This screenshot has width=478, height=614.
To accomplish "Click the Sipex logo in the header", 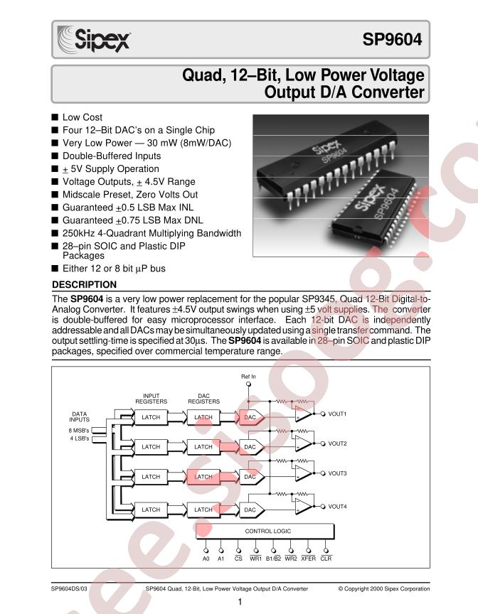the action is pos(93,39).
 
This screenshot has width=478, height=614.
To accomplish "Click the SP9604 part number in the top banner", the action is pos(392,39).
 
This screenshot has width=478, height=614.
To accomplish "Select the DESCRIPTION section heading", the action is pos(84,284).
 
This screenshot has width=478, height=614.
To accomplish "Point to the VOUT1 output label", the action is pos(337,414).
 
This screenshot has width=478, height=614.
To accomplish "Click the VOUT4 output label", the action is pos(337,507).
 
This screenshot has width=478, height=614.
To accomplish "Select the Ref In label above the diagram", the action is pos(248,377).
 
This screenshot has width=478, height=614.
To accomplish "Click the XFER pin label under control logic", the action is pos(308,559).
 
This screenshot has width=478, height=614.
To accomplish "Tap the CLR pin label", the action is pos(326,559).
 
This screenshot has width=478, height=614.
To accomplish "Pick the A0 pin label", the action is pos(206,559).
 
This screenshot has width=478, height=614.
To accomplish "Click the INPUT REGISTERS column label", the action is pos(152,399).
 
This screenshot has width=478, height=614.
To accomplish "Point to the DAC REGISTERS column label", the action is pos(203,399).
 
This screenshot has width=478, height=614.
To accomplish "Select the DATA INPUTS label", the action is pos(80,416).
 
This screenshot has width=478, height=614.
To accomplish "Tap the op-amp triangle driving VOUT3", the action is pos(304,473).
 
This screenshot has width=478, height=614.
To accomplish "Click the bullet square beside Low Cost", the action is pos(55,117).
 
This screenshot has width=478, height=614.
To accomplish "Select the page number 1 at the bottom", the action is pos(240,602).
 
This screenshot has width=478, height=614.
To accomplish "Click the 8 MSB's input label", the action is pos(79,431).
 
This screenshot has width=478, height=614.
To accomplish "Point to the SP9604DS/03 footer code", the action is pos(69,588).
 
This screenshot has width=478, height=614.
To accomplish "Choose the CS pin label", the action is pos(238,559).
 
